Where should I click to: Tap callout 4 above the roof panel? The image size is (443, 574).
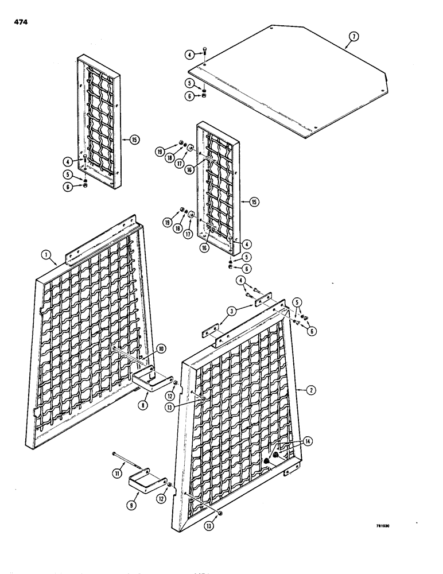(189, 55)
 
